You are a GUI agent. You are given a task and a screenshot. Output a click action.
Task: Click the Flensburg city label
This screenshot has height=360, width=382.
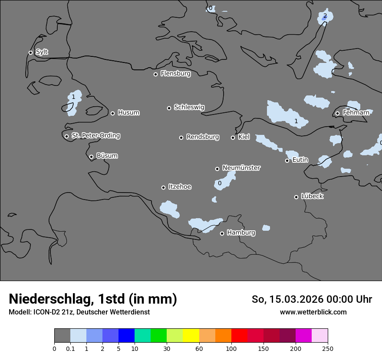[175, 74]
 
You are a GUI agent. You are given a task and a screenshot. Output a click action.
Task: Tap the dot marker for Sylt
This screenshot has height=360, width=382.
[30, 52]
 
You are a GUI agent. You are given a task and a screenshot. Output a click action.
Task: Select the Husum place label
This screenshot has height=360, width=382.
[128, 113]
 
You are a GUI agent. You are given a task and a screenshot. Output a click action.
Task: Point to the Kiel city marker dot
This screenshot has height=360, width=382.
[233, 137]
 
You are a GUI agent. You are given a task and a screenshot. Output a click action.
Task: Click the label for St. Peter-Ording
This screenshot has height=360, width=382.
[95, 136]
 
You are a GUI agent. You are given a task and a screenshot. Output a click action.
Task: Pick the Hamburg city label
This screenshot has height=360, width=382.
[241, 233]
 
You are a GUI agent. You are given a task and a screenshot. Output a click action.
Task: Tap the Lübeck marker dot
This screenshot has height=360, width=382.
[296, 197]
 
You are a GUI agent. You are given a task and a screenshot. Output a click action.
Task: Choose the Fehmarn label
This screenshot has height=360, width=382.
[356, 113]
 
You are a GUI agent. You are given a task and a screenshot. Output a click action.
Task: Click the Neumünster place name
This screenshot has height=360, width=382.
[241, 168]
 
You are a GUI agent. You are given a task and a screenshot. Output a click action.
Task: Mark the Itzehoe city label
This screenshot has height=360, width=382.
[180, 187]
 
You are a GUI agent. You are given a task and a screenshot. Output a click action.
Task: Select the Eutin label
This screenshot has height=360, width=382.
[300, 160]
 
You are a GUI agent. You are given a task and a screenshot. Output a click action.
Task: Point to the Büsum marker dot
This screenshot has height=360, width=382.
[91, 157]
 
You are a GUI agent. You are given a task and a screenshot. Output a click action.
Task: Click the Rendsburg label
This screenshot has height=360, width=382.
[203, 137]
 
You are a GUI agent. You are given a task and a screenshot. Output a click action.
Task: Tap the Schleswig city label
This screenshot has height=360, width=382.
[189, 107]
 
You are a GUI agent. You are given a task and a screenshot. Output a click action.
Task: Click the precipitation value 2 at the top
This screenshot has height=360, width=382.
[325, 16]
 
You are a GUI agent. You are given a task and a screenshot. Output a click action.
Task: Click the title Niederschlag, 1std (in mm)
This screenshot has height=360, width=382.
[93, 299]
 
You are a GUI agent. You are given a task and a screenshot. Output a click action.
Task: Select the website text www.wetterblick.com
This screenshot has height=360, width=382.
[313, 312]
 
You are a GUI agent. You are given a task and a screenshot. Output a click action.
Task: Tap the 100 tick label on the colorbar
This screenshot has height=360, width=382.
[231, 348]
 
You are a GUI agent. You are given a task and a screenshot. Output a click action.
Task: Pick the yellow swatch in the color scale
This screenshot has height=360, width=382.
[191, 336]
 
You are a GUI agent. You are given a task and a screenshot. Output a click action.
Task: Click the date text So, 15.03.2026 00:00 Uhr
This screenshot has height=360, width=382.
[312, 299]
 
